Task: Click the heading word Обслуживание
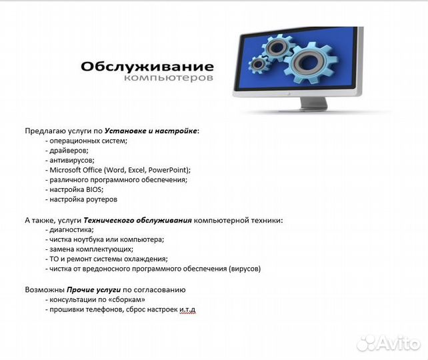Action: (x=147, y=67)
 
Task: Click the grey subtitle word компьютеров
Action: (x=169, y=79)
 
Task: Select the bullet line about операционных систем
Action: (x=86, y=141)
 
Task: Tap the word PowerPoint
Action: (x=169, y=170)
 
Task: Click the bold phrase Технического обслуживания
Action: (x=137, y=220)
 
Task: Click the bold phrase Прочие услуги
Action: (x=93, y=290)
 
